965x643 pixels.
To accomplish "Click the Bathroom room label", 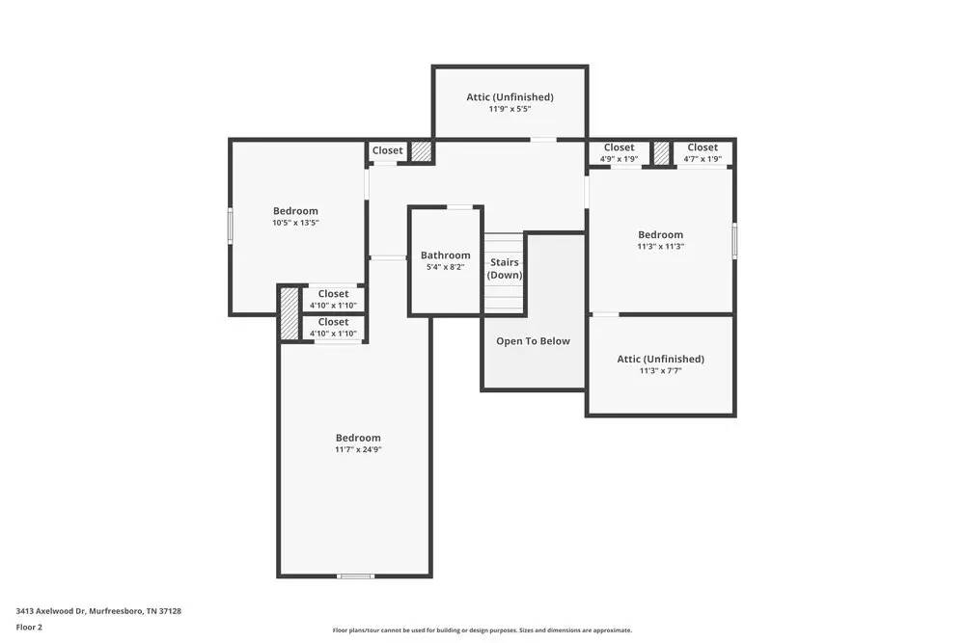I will point(445,255).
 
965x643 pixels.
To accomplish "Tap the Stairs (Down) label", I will point(505,268).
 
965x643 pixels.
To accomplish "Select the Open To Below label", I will point(533,341).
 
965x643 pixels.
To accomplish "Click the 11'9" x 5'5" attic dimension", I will point(510,109).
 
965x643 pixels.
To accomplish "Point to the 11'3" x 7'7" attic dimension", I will point(660,370).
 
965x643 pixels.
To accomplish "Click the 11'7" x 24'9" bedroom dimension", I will point(357,449).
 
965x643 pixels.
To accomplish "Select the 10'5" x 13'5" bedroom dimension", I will point(295,223).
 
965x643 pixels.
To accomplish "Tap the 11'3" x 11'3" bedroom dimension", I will point(660,246).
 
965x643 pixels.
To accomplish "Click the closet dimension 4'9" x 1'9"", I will point(619,159).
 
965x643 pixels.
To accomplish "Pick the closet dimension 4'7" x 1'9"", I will point(703,159).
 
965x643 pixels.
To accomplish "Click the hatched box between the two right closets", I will point(661,153).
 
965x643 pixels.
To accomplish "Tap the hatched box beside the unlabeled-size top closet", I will point(421,151).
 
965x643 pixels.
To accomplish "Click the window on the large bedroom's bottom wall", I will point(355,576).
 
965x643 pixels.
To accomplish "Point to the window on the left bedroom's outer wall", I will point(230,226).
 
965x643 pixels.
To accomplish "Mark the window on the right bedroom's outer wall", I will point(734,241).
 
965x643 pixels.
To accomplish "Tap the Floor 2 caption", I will point(29,627).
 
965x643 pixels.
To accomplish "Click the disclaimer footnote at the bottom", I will point(482,630).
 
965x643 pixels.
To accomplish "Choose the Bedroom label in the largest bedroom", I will point(357,438).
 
